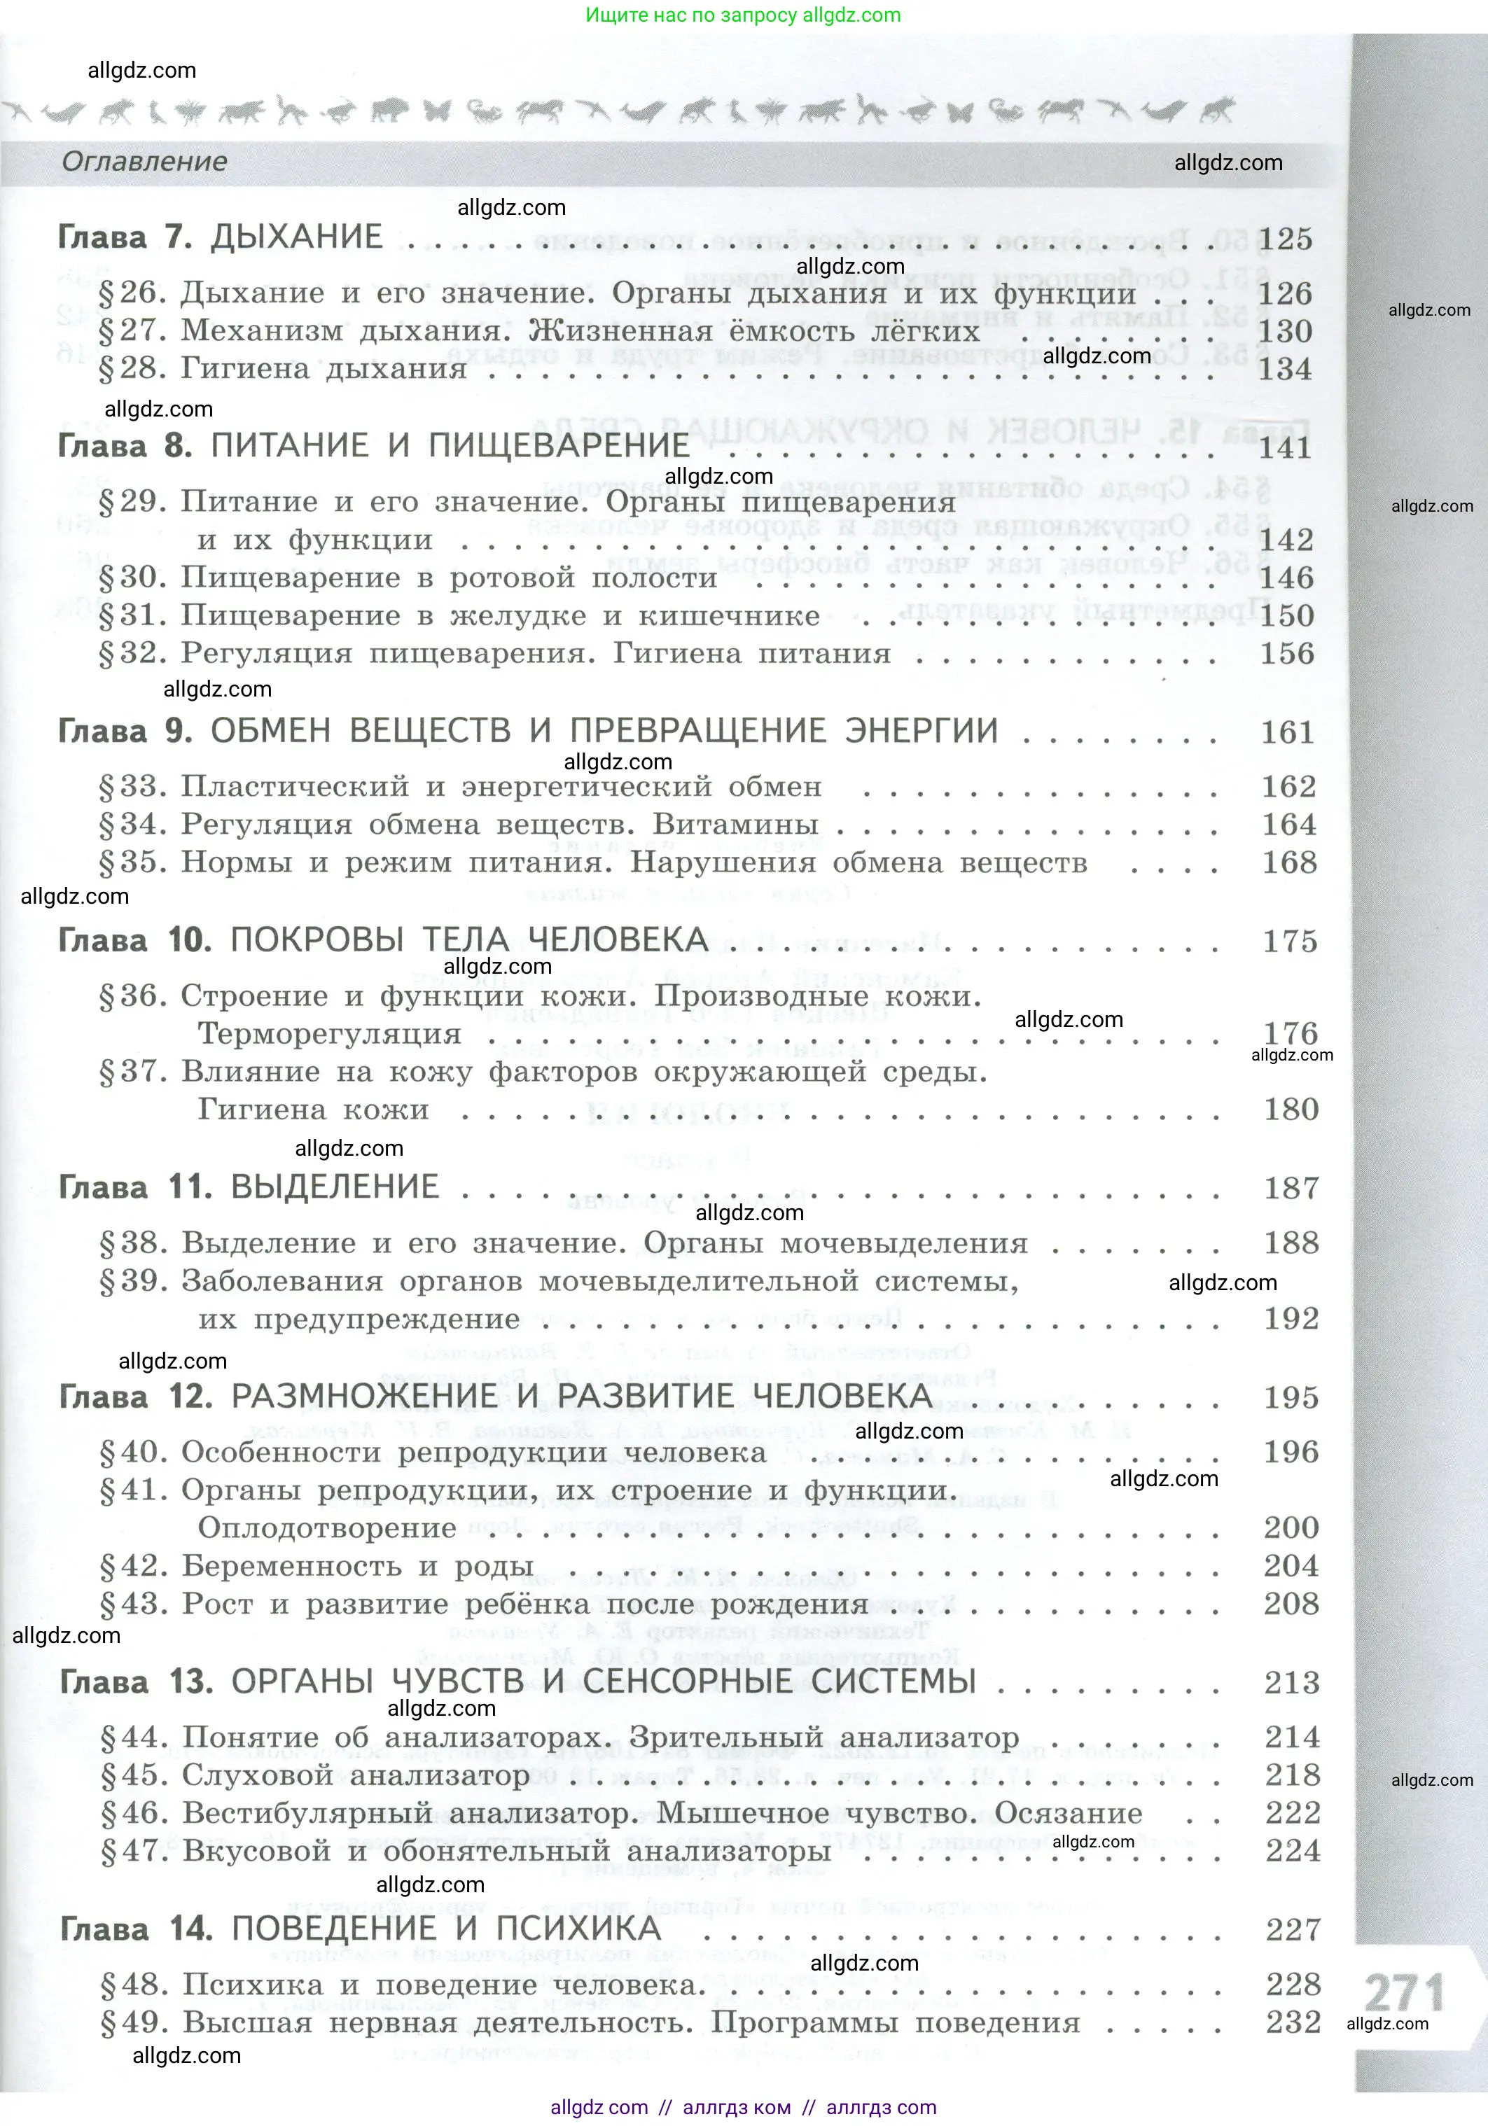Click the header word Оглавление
coord(144,162)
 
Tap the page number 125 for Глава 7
coord(1284,239)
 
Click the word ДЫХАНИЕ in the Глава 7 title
coord(296,237)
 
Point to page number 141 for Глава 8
coord(1285,448)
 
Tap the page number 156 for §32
coord(1287,654)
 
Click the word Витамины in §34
coord(735,824)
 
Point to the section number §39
coord(132,1282)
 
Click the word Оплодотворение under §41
coord(328,1528)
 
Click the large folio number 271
coord(1404,1992)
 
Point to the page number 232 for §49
coord(1293,2022)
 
